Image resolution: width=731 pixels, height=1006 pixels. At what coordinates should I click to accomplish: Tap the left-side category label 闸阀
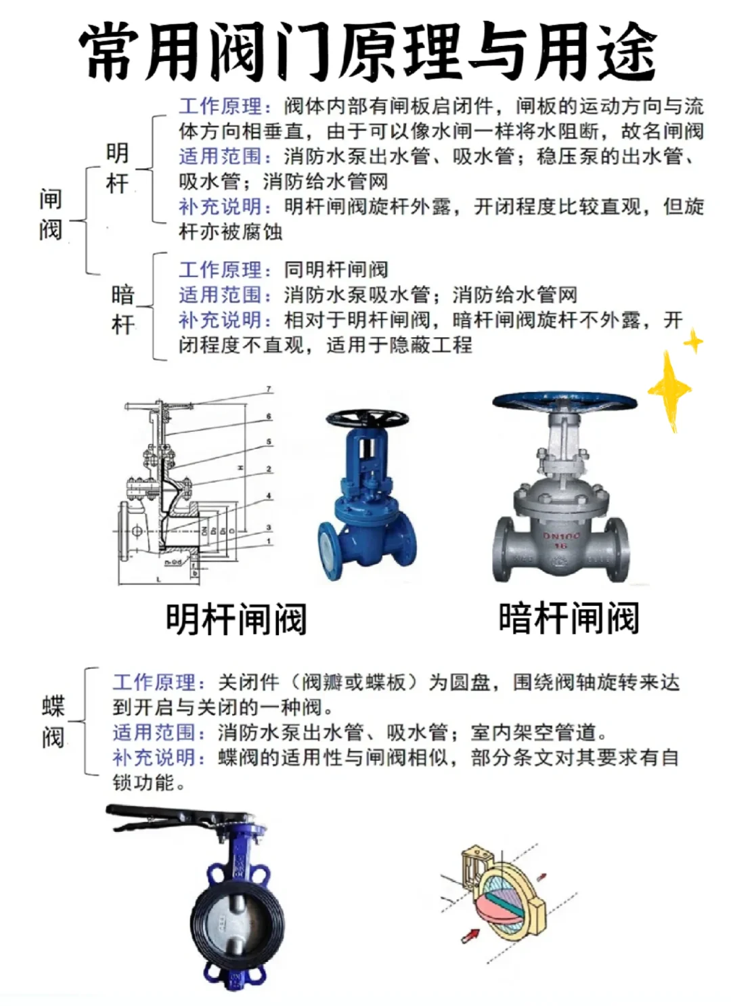[51, 215]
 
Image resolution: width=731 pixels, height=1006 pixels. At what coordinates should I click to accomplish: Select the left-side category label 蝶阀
[53, 722]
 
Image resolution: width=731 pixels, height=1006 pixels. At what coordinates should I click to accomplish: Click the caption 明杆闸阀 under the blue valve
[236, 619]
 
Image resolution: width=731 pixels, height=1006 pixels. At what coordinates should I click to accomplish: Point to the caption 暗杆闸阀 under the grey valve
[569, 617]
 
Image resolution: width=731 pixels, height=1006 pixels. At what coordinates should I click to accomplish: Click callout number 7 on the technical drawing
[269, 389]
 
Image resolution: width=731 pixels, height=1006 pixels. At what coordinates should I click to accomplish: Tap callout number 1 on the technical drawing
[269, 541]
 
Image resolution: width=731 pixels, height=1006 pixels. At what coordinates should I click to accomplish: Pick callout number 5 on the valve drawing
[269, 442]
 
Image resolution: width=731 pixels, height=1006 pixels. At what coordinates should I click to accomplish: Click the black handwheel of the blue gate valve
[367, 418]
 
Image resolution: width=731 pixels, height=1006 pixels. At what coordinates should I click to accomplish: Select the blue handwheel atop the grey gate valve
[565, 401]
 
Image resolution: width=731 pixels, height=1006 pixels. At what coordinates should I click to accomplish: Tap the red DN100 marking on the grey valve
[561, 535]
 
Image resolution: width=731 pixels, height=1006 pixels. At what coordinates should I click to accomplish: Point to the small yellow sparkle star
[693, 342]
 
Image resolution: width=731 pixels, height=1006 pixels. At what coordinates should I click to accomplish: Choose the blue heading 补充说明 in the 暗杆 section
[221, 320]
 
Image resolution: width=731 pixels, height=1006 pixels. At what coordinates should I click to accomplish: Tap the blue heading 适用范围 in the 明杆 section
[221, 156]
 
